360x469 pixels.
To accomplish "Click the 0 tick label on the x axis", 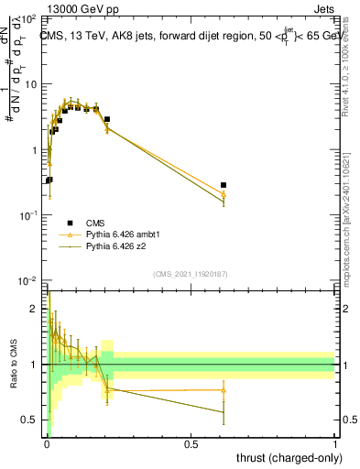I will [x=47, y=443].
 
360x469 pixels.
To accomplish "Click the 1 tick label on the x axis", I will [x=335, y=443].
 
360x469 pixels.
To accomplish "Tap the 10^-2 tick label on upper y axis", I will [x=27, y=280].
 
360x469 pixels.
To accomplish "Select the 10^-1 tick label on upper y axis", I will [x=27, y=215].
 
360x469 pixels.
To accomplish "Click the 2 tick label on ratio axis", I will [x=37, y=309].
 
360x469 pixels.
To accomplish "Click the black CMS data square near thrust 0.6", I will [x=224, y=185].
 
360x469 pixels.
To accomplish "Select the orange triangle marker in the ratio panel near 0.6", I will [x=224, y=389].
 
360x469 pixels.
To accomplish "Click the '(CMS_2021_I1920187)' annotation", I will [x=191, y=274].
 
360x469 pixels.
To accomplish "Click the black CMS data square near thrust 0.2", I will [x=107, y=119].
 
